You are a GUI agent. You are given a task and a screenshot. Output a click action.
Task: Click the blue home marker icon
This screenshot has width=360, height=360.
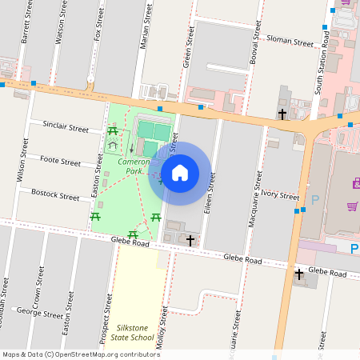pos(180,173)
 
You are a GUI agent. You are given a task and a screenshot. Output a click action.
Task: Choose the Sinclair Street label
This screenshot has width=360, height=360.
pos(66,126)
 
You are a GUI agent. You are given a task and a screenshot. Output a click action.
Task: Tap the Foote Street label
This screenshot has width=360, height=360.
pos(60,161)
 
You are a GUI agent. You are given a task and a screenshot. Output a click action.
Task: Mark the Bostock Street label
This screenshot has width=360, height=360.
pos(55,194)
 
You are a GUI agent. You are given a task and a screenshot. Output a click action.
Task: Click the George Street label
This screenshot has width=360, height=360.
pos(39,311)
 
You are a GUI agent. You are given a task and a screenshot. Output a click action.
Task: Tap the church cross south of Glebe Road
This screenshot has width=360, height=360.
pos(299,275)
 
